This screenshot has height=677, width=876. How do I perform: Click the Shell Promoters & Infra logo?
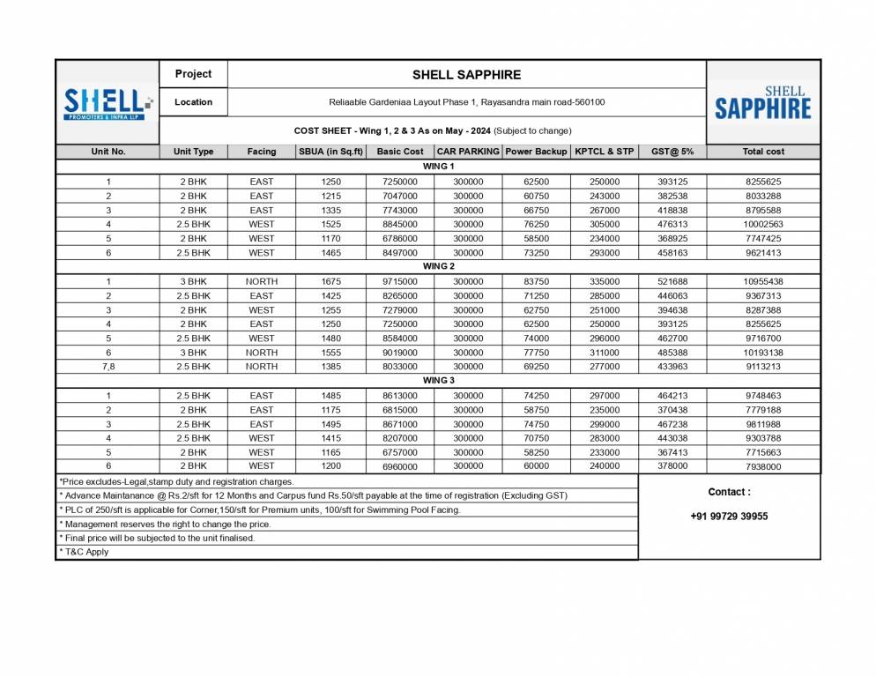[108, 103]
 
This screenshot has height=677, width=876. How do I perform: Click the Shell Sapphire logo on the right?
[762, 103]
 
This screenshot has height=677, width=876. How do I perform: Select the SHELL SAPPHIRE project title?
[466, 75]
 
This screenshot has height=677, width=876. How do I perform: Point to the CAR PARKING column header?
[468, 152]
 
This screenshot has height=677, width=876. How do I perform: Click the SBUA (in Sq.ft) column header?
[330, 152]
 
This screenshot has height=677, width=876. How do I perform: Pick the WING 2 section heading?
[439, 266]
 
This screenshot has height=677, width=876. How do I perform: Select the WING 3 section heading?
[439, 381]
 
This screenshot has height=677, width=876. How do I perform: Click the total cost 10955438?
[763, 282]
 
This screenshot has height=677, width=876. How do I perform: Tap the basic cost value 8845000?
[400, 225]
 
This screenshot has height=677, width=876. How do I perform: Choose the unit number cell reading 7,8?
[108, 366]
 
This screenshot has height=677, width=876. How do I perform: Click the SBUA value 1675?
[330, 282]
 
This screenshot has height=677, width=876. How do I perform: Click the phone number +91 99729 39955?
[729, 517]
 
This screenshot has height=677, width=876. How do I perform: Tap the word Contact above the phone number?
[729, 492]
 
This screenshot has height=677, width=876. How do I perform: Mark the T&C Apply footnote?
[85, 552]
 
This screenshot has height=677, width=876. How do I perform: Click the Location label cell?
[193, 102]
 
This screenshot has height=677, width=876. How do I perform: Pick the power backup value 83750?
[536, 282]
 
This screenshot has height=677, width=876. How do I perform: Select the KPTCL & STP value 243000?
[604, 197]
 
